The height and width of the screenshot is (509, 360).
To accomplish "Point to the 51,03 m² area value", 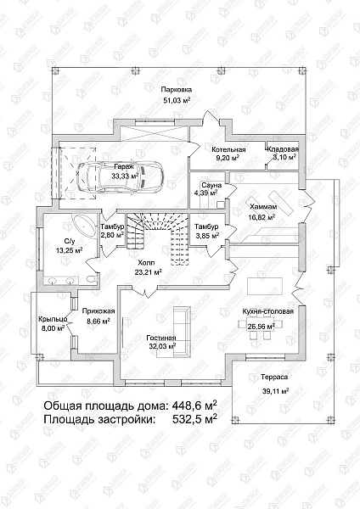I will click(x=177, y=100).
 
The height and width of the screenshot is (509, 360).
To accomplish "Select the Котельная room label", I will click(x=228, y=148).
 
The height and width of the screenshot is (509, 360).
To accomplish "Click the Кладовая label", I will click(x=283, y=148).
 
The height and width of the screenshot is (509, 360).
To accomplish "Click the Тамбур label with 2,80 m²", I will click(x=113, y=227).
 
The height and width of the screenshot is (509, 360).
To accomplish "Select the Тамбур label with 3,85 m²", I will click(x=206, y=227).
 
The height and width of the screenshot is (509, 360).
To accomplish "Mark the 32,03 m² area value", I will click(x=160, y=347).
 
